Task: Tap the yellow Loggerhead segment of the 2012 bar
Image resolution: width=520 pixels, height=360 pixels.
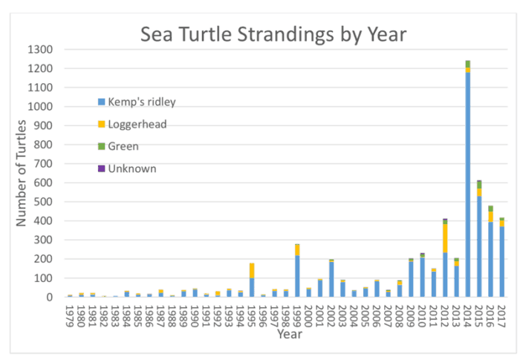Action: (445, 238)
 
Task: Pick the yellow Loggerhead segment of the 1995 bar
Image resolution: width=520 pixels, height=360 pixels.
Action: (252, 270)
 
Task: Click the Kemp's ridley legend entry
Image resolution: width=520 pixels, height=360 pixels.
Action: (141, 102)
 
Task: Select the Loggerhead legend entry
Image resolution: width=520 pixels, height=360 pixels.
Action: (137, 124)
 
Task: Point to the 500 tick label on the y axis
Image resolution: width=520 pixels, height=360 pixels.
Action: (46, 202)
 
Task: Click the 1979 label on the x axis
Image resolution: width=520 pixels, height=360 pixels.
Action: (70, 315)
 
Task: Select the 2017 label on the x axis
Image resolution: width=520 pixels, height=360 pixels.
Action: (501, 315)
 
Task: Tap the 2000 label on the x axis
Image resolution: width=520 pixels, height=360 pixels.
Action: (308, 315)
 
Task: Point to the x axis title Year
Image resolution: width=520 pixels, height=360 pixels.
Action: (285, 335)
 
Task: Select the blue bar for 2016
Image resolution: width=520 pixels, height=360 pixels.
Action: (490, 259)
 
